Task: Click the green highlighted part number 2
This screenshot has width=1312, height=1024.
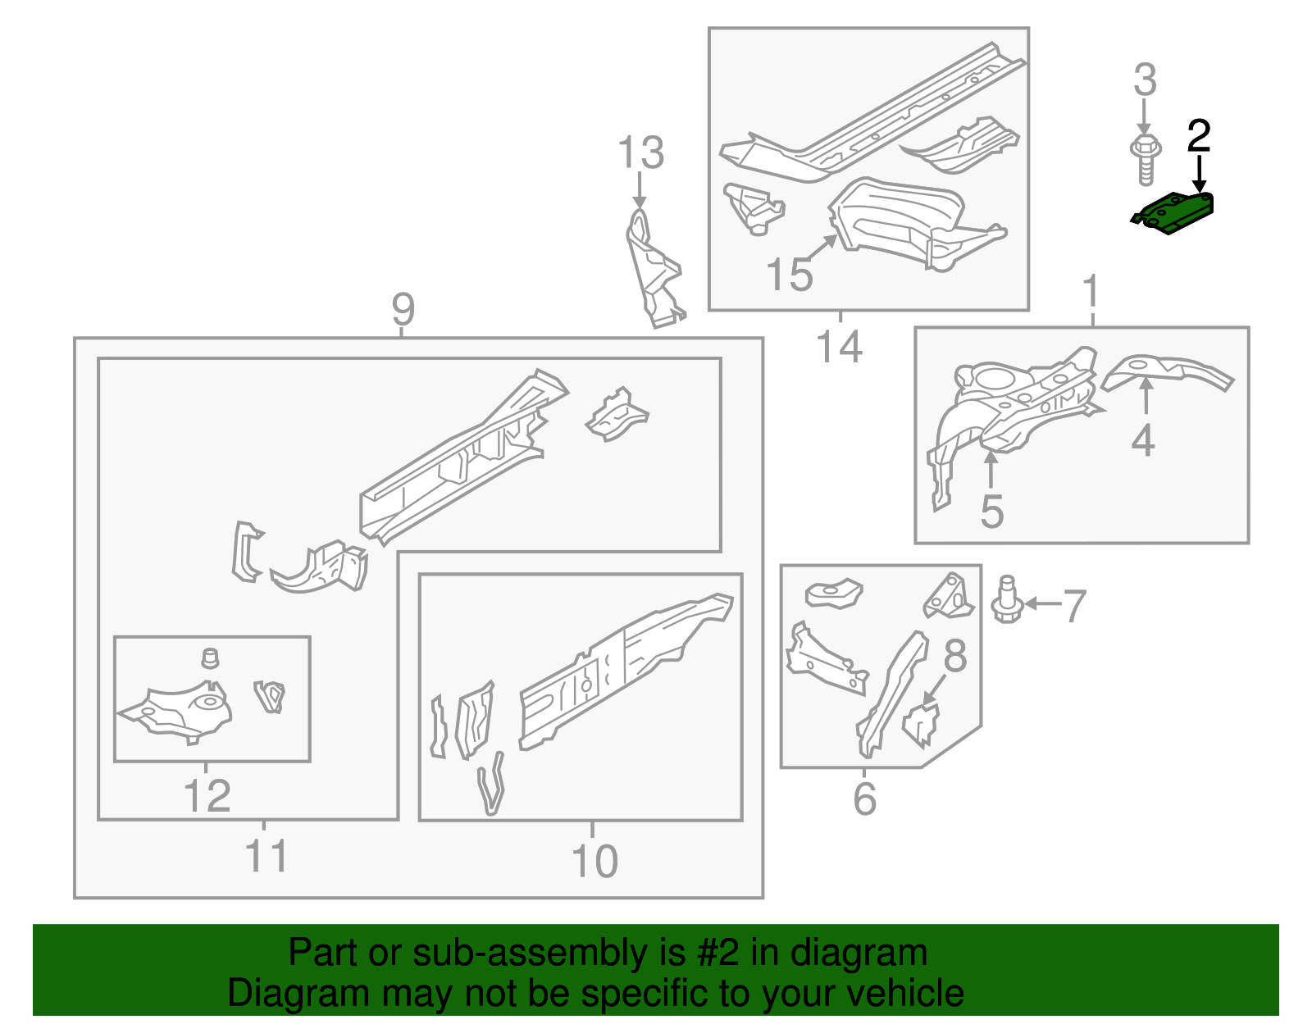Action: coord(1174,212)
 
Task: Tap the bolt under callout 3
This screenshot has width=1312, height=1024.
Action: coord(1146,161)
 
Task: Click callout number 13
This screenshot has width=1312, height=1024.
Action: coord(640,153)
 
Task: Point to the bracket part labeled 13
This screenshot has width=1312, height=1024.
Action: coord(654,271)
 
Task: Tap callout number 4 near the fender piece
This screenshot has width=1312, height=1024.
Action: coord(1143,440)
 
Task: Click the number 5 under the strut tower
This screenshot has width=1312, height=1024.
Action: coord(991,512)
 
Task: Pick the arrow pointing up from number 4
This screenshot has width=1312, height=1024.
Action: coord(1145,398)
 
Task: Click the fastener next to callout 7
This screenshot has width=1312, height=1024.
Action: coord(1006,600)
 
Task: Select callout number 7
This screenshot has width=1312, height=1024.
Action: coord(1074,607)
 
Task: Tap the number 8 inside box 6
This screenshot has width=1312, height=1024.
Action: coord(954,656)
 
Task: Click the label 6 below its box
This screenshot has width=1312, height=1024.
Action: coord(864,799)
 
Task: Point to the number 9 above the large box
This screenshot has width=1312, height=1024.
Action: coord(403,309)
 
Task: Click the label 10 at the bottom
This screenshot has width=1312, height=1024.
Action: coord(594,861)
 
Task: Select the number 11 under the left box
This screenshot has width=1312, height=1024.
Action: coord(266,856)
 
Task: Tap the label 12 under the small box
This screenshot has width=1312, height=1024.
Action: coord(207,796)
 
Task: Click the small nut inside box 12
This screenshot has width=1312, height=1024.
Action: coord(211,658)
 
